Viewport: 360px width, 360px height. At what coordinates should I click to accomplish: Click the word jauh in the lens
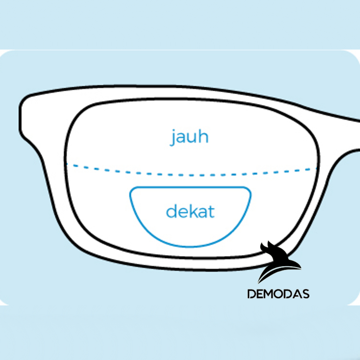tap(190, 137)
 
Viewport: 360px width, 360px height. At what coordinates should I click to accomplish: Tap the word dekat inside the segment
tap(190, 212)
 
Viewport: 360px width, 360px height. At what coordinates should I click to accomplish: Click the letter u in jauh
tap(193, 139)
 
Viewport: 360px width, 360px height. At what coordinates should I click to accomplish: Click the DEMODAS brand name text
tap(278, 294)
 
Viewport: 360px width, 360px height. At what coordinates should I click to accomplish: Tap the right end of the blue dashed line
tap(316, 169)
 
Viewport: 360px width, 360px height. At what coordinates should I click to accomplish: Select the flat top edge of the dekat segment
tap(190, 187)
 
